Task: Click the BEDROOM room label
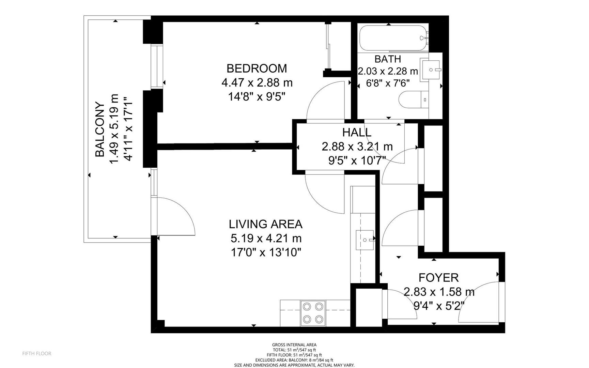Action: point(257,68)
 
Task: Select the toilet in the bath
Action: point(413,100)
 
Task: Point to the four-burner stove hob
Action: point(313,313)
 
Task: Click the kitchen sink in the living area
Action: point(365,240)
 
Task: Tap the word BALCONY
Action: point(99,129)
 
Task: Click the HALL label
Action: point(357,132)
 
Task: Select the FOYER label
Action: point(438,278)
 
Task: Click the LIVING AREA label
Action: point(265,224)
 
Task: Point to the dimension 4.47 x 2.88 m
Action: point(257,83)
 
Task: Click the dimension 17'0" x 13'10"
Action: point(266,252)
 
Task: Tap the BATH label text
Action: point(388,59)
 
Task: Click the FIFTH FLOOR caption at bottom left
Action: point(37,354)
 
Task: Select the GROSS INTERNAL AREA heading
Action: point(294,345)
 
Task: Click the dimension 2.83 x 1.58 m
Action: point(439,292)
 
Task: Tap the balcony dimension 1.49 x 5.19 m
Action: point(114,129)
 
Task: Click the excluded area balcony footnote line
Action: point(294,360)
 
